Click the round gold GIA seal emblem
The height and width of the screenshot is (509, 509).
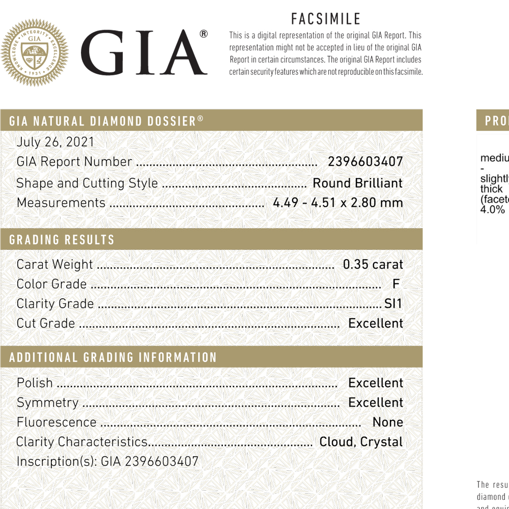[x=35, y=52]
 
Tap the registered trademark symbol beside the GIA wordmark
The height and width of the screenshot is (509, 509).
[x=204, y=34]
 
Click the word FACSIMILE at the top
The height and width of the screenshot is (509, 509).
[x=326, y=19]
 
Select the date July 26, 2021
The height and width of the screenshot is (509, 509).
[x=55, y=142]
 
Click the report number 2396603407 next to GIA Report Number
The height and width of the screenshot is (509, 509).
[x=365, y=162]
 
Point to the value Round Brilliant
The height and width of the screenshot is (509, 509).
[x=357, y=183]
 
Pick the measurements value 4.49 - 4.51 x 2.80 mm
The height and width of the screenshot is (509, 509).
[x=338, y=203]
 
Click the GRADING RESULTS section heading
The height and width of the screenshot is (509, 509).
[x=62, y=240]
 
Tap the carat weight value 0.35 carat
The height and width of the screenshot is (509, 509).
[x=373, y=265]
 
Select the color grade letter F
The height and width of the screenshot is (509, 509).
[x=396, y=284]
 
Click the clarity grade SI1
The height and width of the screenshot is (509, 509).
[x=393, y=304]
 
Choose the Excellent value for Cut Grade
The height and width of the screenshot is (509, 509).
[x=376, y=323]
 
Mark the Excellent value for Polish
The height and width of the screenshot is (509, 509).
[x=376, y=383]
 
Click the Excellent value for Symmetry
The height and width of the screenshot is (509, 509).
[x=376, y=403]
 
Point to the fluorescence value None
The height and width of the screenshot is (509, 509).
[x=388, y=422]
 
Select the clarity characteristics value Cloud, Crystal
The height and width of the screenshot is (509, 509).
[x=361, y=442]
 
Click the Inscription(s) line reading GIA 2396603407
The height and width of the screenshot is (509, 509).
[x=107, y=462]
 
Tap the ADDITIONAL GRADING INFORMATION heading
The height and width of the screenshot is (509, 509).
[x=113, y=357]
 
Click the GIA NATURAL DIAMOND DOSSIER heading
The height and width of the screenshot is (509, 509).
[x=106, y=121]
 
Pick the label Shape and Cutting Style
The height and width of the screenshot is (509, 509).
[x=87, y=183]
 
